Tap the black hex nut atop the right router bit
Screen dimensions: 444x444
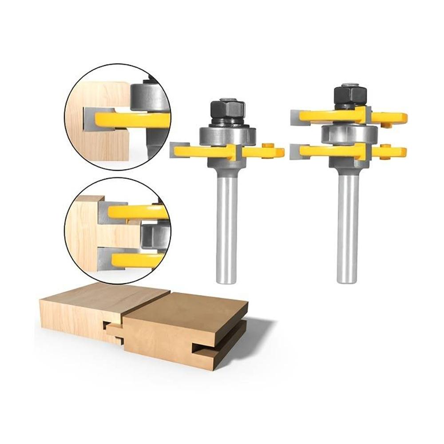[x=349, y=95]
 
